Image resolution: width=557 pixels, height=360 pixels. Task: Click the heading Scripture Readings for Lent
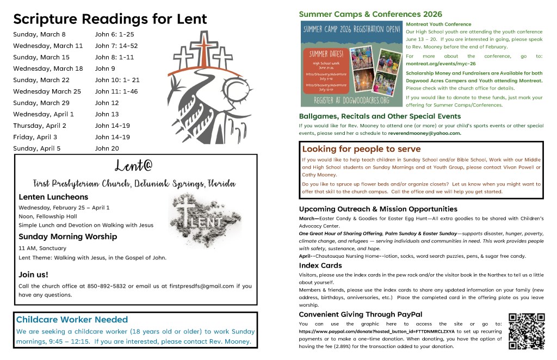[110, 20]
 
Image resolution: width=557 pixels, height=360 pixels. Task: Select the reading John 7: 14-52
[116, 46]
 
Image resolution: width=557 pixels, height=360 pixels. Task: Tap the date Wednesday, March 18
[48, 69]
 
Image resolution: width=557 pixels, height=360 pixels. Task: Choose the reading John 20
[107, 148]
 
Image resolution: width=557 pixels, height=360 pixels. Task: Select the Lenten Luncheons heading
[53, 197]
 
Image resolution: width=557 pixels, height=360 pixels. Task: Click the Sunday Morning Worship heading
[67, 237]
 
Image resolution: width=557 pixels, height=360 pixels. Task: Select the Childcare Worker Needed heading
[72, 320]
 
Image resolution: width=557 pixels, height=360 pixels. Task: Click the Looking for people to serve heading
[361, 149]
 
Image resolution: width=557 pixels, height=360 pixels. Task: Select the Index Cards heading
[320, 265]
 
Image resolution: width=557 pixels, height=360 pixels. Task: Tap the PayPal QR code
[526, 331]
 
